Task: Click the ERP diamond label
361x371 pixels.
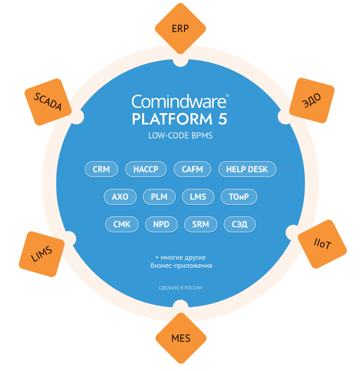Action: pos(180,28)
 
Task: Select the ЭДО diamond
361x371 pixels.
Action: pos(312,101)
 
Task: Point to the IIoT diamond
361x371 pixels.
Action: pos(322,244)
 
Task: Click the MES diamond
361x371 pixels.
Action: pos(180,338)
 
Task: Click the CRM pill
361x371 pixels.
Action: pos(101,169)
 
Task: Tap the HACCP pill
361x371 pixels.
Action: pos(146,169)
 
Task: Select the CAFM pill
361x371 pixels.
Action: pos(192,169)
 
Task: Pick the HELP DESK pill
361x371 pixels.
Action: pos(247,169)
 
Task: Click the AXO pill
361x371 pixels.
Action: pos(120,197)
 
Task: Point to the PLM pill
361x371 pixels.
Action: pos(159,197)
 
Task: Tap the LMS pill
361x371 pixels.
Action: pos(198,197)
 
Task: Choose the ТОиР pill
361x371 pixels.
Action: pos(239,197)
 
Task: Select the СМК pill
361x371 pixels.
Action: pos(122,224)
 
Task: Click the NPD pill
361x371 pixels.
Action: pos(161,224)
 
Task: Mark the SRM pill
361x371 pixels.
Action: pos(200,224)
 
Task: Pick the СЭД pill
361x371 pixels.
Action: pos(239,224)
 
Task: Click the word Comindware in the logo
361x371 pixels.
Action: pos(178,102)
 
